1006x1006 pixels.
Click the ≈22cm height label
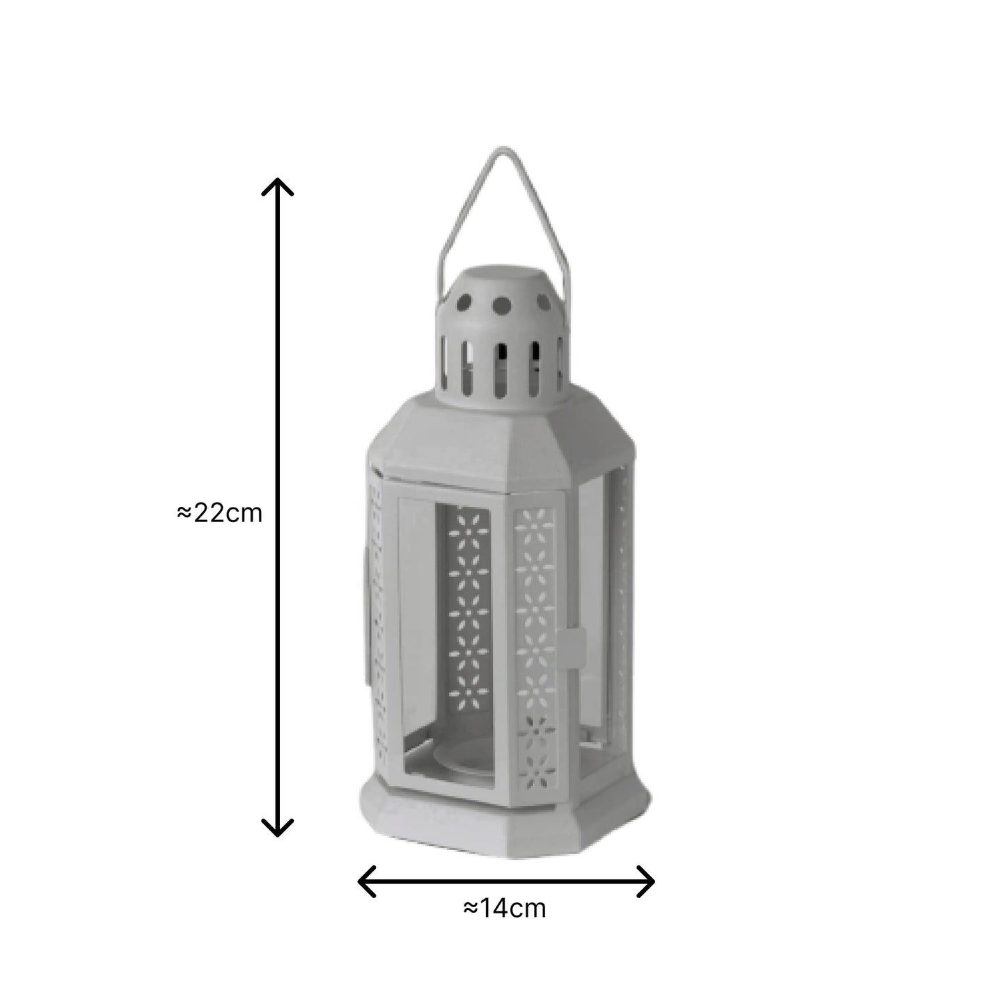[x=220, y=513]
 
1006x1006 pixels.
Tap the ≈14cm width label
[x=505, y=909]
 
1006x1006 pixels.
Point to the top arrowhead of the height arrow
[x=277, y=182]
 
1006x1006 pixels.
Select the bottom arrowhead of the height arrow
[x=277, y=830]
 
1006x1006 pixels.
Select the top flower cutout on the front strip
[x=535, y=519]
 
